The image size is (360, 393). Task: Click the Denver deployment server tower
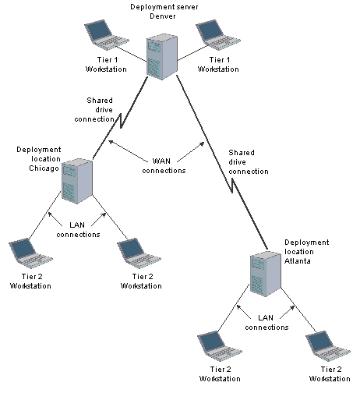(162, 57)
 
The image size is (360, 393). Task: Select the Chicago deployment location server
(77, 181)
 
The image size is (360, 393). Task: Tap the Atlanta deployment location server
(266, 274)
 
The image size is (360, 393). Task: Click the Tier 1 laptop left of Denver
(107, 35)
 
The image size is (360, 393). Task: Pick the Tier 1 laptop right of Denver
(218, 35)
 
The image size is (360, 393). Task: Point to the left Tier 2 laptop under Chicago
(30, 253)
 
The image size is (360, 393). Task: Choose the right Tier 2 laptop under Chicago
(139, 253)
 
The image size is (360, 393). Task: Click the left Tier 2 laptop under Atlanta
(220, 346)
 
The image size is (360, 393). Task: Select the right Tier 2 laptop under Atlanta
(328, 346)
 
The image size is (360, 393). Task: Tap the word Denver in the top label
(163, 16)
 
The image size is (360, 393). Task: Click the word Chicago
(44, 168)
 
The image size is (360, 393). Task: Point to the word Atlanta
(298, 260)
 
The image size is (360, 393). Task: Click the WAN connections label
(164, 166)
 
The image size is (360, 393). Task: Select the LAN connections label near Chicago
(78, 230)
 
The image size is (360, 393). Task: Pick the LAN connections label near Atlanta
(266, 323)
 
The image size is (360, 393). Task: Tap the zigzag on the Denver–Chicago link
(121, 121)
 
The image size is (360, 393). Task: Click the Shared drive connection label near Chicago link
(94, 110)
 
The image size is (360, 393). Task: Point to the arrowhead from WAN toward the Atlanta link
(202, 144)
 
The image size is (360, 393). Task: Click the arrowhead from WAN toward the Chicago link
(111, 142)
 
